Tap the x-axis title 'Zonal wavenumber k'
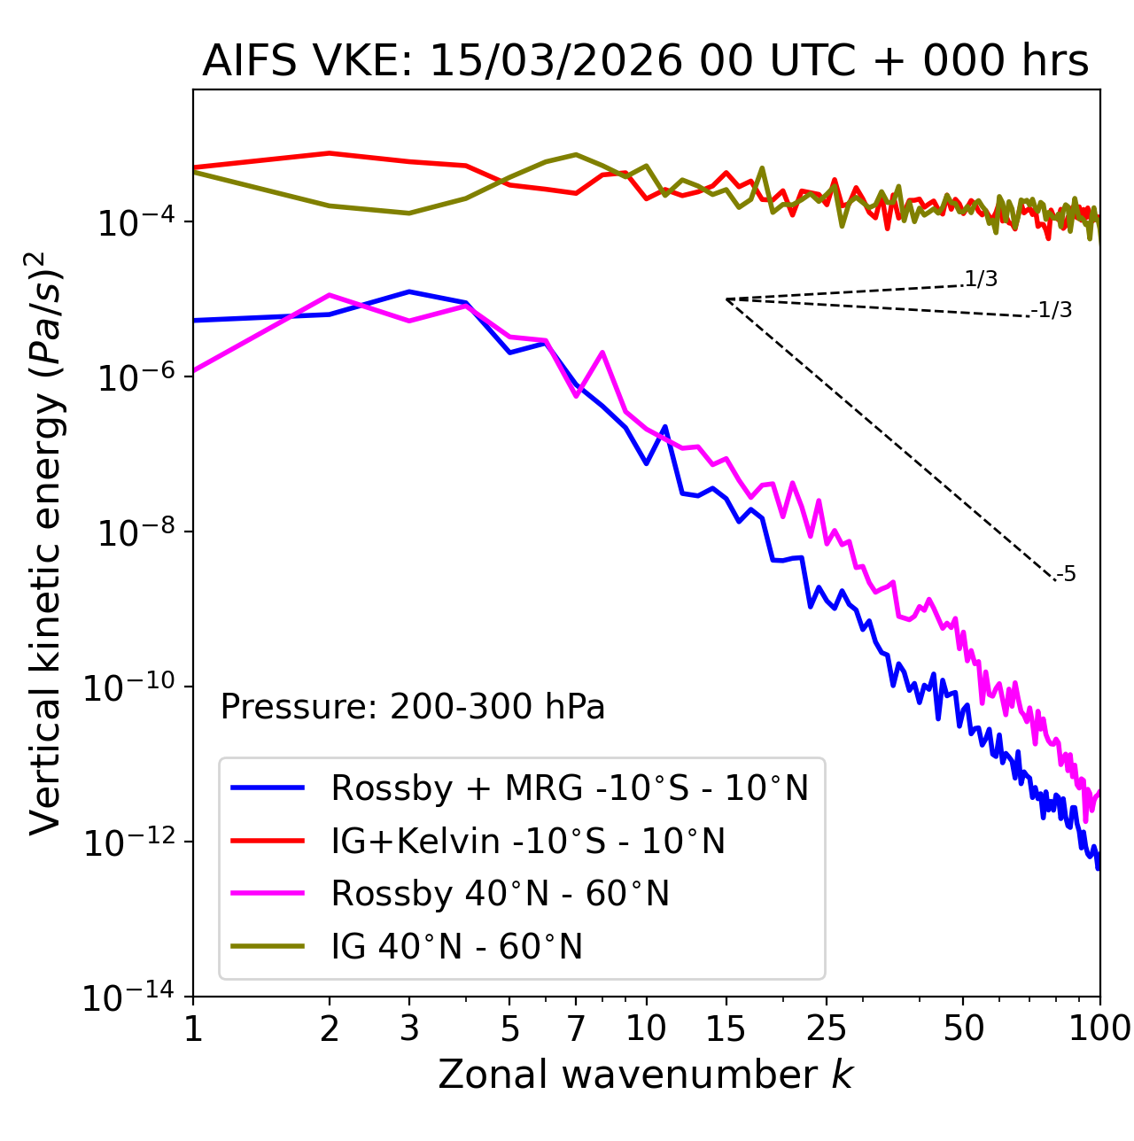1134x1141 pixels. tap(645, 1074)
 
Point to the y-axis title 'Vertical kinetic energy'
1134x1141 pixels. tap(46, 542)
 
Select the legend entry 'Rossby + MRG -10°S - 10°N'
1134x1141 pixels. tap(569, 788)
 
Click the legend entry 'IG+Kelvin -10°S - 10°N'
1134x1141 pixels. tap(527, 841)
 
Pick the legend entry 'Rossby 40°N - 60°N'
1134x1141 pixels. tap(500, 894)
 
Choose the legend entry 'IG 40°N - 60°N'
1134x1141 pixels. tap(456, 947)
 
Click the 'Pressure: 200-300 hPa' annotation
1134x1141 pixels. tap(412, 707)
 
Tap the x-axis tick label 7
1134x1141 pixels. tap(576, 1028)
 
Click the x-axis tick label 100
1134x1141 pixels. tap(1099, 1028)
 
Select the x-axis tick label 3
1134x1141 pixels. tap(409, 1028)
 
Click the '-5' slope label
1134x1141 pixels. tap(1066, 574)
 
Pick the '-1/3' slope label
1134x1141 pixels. tap(1052, 310)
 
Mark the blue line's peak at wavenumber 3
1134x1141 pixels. tap(409, 291)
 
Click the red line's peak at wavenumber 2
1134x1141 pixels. tap(330, 153)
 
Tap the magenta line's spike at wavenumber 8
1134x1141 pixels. tap(602, 353)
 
